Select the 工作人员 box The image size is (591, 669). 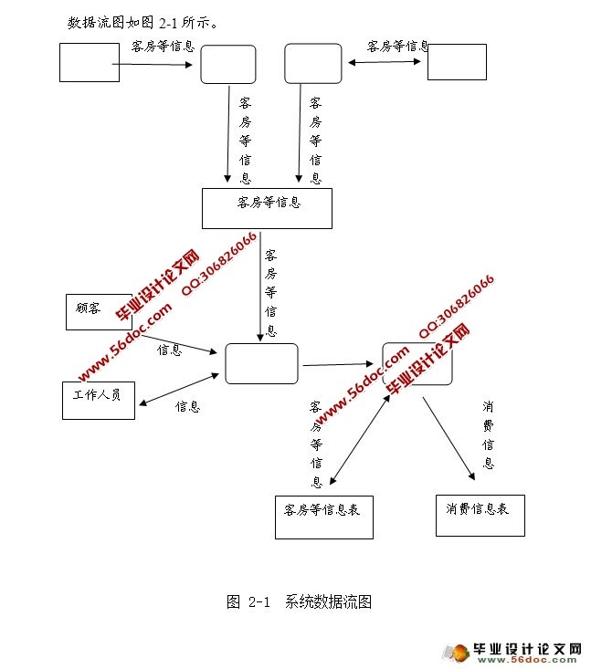click(x=99, y=399)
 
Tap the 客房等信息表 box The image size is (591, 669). click(x=323, y=517)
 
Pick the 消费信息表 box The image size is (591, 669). click(x=480, y=516)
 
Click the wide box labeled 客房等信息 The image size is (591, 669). click(x=267, y=208)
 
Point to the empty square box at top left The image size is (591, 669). click(x=90, y=62)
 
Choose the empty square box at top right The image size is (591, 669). click(x=457, y=62)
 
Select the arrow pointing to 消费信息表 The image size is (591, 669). click(x=449, y=437)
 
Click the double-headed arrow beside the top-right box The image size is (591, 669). click(x=385, y=62)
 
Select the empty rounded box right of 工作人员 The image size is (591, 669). click(x=261, y=363)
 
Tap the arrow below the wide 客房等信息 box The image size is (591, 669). click(x=259, y=286)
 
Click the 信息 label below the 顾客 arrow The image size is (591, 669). click(x=170, y=350)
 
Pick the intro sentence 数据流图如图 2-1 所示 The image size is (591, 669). click(x=142, y=23)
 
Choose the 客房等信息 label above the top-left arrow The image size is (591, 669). click(x=163, y=45)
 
